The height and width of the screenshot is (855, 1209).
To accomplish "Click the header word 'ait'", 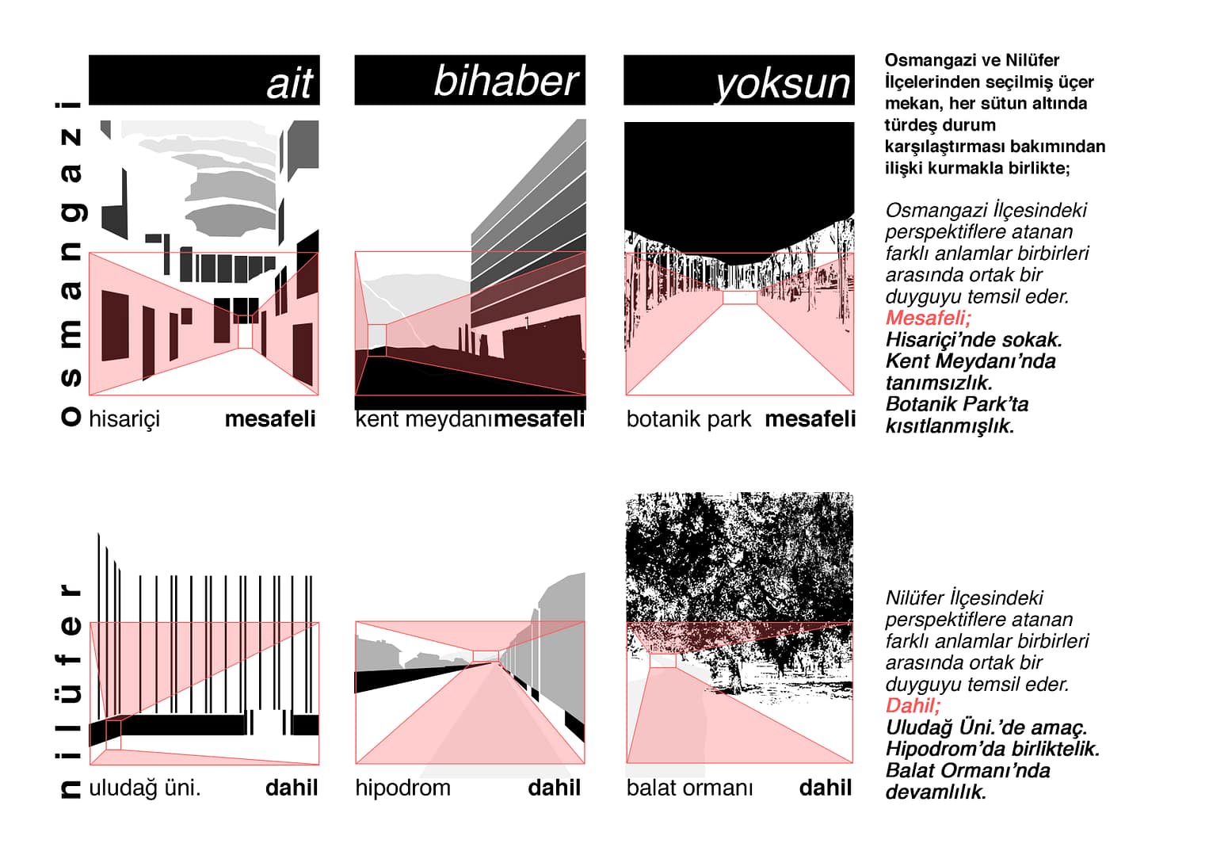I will (290, 83).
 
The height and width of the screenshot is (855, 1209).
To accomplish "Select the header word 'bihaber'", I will (505, 82).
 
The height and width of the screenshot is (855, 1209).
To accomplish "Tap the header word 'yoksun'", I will (782, 84).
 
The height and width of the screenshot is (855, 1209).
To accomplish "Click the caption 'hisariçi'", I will (124, 418).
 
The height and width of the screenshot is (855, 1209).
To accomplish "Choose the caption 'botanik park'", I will (688, 418).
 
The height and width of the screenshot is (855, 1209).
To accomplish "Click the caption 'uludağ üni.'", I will (144, 788).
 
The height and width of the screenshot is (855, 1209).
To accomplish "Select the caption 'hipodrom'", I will (402, 788).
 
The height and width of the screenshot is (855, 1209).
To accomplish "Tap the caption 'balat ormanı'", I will (689, 788).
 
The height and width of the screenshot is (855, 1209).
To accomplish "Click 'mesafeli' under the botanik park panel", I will (810, 418).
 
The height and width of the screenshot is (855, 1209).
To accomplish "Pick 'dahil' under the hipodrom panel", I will (554, 788).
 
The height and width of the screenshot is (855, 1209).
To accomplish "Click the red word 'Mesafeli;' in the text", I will (928, 318).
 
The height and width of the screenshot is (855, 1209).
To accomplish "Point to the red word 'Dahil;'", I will (913, 705).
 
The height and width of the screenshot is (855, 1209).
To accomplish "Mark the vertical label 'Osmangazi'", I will (71, 263).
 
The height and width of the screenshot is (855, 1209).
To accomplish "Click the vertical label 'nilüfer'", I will (71, 689).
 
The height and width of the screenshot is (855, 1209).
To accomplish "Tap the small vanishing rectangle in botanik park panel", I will (740, 297).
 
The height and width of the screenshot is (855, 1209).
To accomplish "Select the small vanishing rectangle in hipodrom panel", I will (486, 655).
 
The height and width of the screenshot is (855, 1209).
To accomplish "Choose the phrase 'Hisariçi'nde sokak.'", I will (974, 339).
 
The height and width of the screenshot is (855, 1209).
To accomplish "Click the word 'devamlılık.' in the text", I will (936, 792).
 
